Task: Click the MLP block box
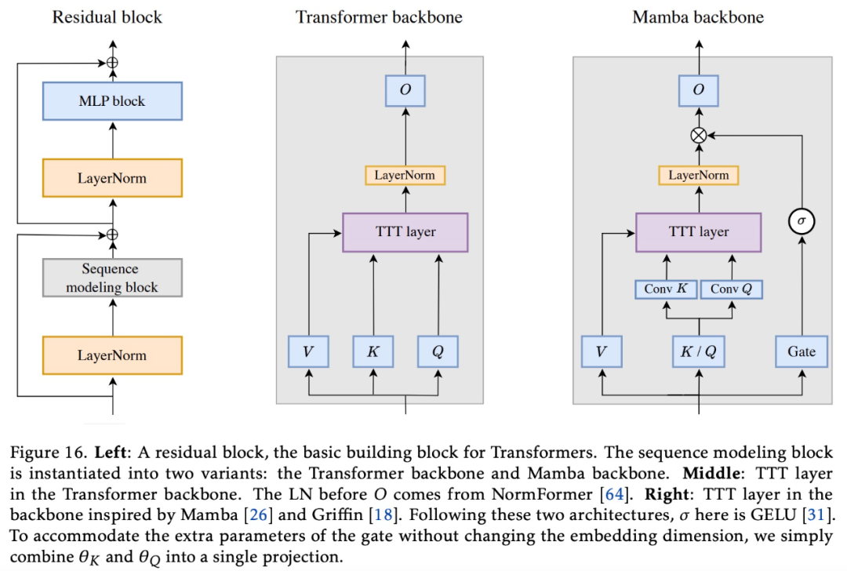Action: tap(111, 101)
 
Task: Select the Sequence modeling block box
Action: tap(111, 278)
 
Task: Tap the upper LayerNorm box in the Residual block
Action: tap(111, 178)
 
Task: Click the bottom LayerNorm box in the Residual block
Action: tap(111, 355)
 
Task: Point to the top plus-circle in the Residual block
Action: tap(112, 62)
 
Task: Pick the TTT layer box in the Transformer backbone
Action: tap(405, 231)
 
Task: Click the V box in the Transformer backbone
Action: tap(308, 352)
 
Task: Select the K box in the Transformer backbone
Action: tap(373, 352)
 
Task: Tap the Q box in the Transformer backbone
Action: tap(438, 352)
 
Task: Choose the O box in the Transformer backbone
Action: tap(405, 90)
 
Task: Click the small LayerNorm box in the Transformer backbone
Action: tap(405, 175)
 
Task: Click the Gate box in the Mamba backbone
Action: tap(802, 352)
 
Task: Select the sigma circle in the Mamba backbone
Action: tap(802, 222)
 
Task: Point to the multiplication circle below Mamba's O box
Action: tap(698, 136)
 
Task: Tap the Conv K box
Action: tap(665, 289)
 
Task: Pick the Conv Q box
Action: tap(731, 289)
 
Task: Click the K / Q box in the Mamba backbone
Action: tap(698, 352)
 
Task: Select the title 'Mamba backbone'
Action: tap(698, 16)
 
